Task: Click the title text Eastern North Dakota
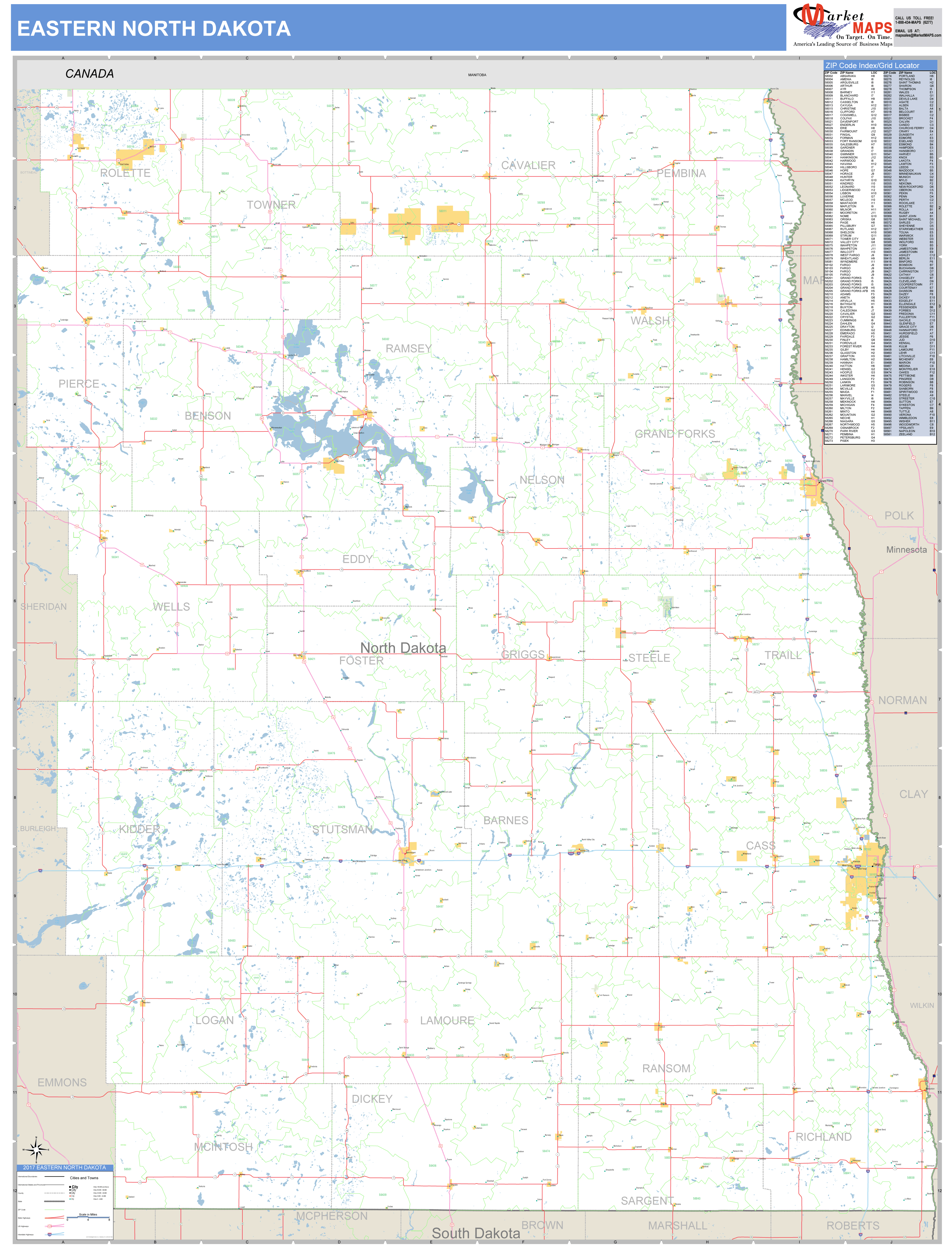click(x=154, y=28)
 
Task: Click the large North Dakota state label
click(x=403, y=648)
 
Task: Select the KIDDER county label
click(x=139, y=829)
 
